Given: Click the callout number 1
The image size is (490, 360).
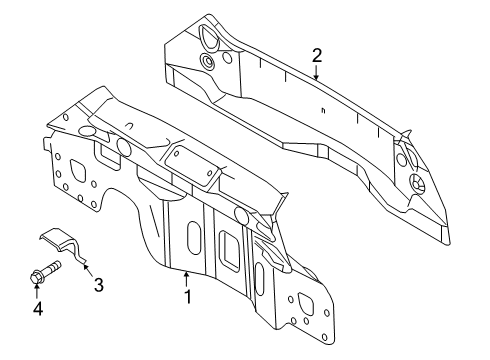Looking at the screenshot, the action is pyautogui.click(x=188, y=297).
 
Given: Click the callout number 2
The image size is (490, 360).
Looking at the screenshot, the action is pyautogui.click(x=317, y=56).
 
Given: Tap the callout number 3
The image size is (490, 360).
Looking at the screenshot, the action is pyautogui.click(x=98, y=285).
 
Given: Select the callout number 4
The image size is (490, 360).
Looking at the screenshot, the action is pyautogui.click(x=38, y=308).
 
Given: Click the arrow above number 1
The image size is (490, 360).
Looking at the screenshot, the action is pyautogui.click(x=187, y=279).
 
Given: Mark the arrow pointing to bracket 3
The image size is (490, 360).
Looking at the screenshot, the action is pyautogui.click(x=88, y=270).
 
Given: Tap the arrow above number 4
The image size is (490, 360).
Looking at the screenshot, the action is pyautogui.click(x=37, y=291).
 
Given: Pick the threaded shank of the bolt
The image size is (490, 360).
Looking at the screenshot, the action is pyautogui.click(x=51, y=268).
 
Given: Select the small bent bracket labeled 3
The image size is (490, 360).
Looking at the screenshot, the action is pyautogui.click(x=63, y=244).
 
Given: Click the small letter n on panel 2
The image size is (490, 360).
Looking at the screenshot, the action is pyautogui.click(x=323, y=111).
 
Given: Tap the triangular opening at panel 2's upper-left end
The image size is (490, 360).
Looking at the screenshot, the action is pyautogui.click(x=209, y=37).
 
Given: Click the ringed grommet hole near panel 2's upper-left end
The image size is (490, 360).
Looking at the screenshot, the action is pyautogui.click(x=208, y=62).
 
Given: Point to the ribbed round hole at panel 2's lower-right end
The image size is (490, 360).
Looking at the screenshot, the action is pyautogui.click(x=417, y=183).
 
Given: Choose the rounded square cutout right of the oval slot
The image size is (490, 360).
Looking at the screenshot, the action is pyautogui.click(x=230, y=247).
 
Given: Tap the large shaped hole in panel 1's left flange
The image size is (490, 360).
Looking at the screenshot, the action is pyautogui.click(x=77, y=171).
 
